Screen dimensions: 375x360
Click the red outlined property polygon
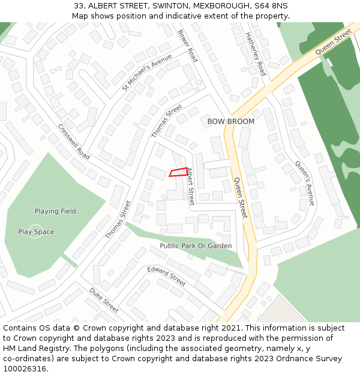coord(179,172)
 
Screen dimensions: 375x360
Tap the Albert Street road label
coord(190,187)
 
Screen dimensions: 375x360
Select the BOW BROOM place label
coord(231,121)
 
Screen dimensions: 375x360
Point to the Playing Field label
coord(55,211)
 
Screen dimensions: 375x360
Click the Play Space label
coord(36,232)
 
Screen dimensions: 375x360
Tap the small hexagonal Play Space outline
coord(36,232)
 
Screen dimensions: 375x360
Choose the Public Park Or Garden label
coord(196,246)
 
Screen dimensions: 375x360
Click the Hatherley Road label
coord(256,54)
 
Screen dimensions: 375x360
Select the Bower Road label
coord(188,46)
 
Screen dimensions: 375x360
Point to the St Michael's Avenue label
coord(147,73)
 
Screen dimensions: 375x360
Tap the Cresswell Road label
coord(74,142)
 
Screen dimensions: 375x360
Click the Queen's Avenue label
coord(305,183)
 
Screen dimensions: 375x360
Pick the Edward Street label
coord(167,276)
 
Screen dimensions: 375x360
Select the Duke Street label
coord(104,300)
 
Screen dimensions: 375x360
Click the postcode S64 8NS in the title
coord(271,6)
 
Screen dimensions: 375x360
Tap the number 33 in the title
coord(79,6)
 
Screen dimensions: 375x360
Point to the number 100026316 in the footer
coord(23,368)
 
